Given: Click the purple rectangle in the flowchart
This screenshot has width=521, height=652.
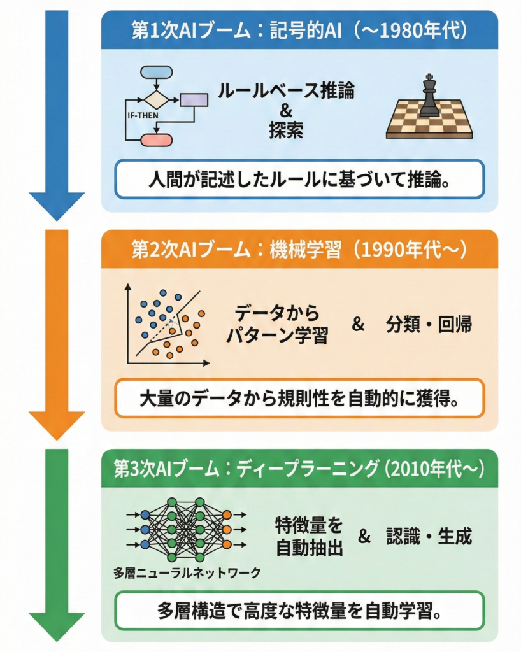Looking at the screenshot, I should coord(194,100).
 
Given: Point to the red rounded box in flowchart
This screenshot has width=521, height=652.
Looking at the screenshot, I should coord(155,139).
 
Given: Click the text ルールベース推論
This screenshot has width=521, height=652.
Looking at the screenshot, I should coord(285,90).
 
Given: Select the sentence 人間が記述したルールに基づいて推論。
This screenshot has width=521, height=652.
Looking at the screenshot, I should coord(299,179).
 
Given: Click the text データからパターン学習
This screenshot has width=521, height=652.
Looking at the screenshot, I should coord(276,325).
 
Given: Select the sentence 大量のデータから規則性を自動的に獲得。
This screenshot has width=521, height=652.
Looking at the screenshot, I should coord(299,399).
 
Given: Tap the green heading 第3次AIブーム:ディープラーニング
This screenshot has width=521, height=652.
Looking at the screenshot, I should coord(299,469).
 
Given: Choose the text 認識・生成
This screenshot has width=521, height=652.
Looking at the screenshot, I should coord(429,536).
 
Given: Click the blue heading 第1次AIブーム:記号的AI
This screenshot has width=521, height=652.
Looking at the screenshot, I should coord(299,30).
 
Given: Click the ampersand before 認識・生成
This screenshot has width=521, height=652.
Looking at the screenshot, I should coord(364,536).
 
